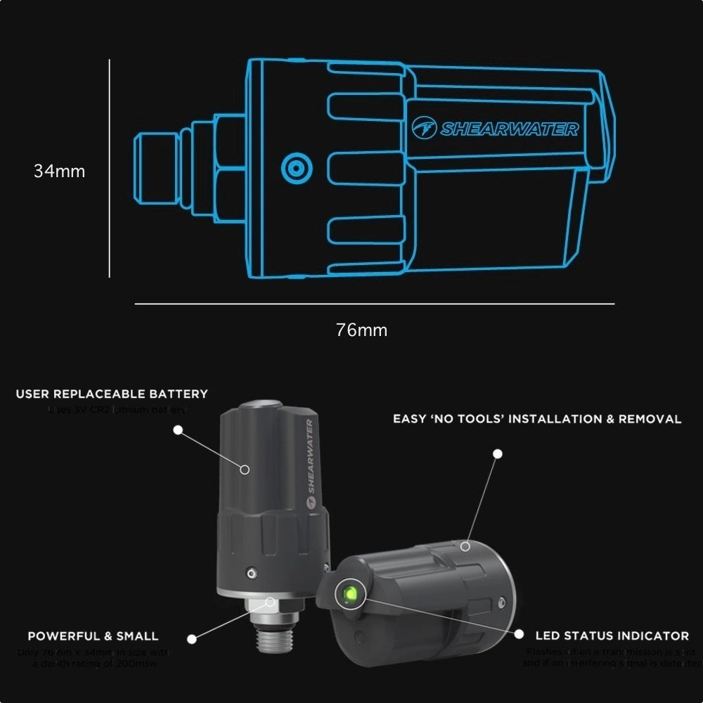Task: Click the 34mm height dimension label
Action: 59,171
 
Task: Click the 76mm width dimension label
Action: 361,330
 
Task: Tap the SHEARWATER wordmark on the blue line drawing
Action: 509,129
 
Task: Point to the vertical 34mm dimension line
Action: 110,169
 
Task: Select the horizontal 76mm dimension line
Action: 374,304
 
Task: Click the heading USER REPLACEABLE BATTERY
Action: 112,394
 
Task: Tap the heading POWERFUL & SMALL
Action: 93,636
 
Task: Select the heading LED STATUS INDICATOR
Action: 612,636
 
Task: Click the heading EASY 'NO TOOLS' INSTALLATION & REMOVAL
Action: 537,419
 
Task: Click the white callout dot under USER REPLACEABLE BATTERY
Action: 178,428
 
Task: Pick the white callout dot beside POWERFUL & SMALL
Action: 192,638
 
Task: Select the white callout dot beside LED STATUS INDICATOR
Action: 519,634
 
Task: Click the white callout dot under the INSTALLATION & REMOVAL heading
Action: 498,454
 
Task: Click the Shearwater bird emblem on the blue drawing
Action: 424,129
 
